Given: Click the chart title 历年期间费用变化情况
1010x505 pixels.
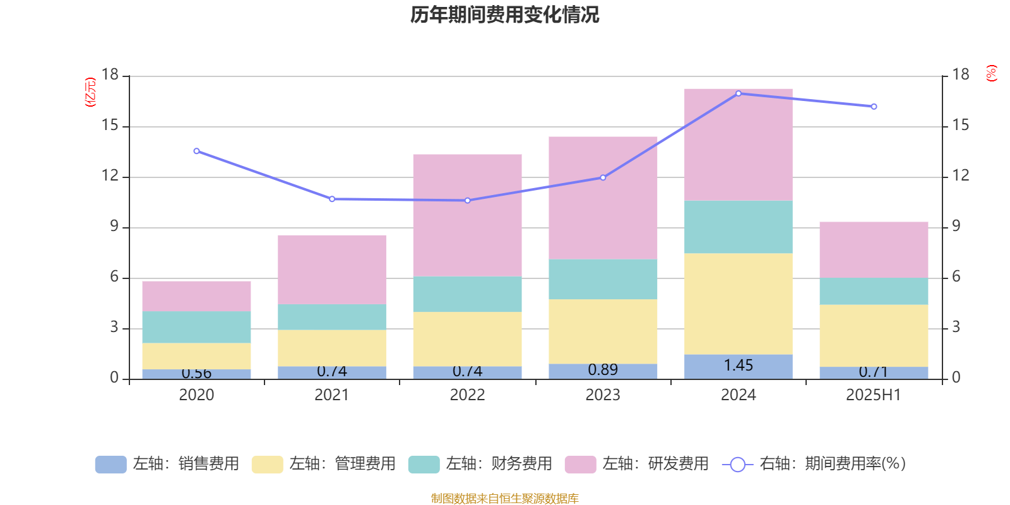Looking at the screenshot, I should tap(504, 15).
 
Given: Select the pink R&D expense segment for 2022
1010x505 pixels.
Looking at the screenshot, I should tap(467, 215).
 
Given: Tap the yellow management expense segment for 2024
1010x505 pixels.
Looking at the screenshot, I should tap(738, 304).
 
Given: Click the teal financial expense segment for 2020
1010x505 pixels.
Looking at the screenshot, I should tap(196, 327).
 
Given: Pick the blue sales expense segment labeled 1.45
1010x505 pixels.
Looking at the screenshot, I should tap(738, 366).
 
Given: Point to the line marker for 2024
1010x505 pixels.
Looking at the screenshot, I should tap(739, 93).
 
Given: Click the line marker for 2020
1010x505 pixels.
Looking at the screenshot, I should tap(196, 151).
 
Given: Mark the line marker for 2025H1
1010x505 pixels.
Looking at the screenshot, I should tap(874, 107).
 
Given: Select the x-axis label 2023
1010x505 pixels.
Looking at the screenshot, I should tap(603, 395).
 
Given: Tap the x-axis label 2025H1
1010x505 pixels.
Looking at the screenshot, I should tap(874, 395).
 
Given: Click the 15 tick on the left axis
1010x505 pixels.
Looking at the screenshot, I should tap(110, 126).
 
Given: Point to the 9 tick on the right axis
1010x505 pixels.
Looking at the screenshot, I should tap(956, 226).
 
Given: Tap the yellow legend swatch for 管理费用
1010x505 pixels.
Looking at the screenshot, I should tap(267, 465).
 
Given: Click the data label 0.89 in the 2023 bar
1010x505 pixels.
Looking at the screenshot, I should tap(603, 370).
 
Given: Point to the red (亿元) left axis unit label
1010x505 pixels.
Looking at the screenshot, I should tap(90, 92).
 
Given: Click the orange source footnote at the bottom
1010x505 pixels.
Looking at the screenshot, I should tap(504, 499).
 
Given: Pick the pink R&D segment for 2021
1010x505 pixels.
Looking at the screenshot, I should tap(332, 270).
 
